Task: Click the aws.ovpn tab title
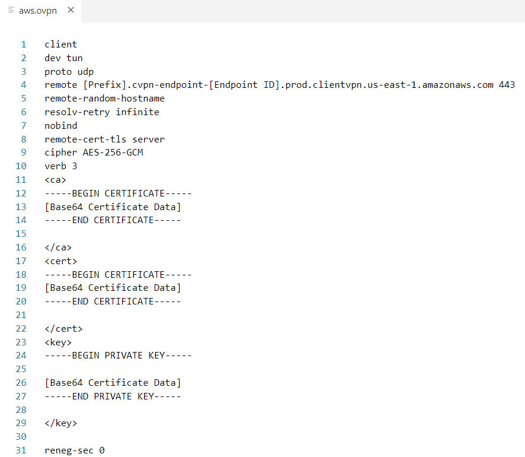click(x=38, y=11)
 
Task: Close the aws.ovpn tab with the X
click(x=71, y=11)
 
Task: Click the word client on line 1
click(x=60, y=45)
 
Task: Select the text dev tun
click(x=63, y=58)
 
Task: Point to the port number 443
click(x=507, y=85)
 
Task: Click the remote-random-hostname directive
click(x=104, y=99)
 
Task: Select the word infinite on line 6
click(x=137, y=112)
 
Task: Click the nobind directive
click(x=60, y=126)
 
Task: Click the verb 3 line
click(x=60, y=166)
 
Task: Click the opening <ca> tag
click(x=55, y=180)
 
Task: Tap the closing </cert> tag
click(x=63, y=328)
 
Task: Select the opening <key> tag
click(x=58, y=342)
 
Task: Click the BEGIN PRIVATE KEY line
click(x=118, y=356)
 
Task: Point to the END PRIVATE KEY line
click(x=113, y=396)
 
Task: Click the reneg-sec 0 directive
click(x=74, y=450)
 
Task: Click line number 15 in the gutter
click(x=21, y=234)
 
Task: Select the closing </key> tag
click(x=60, y=423)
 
